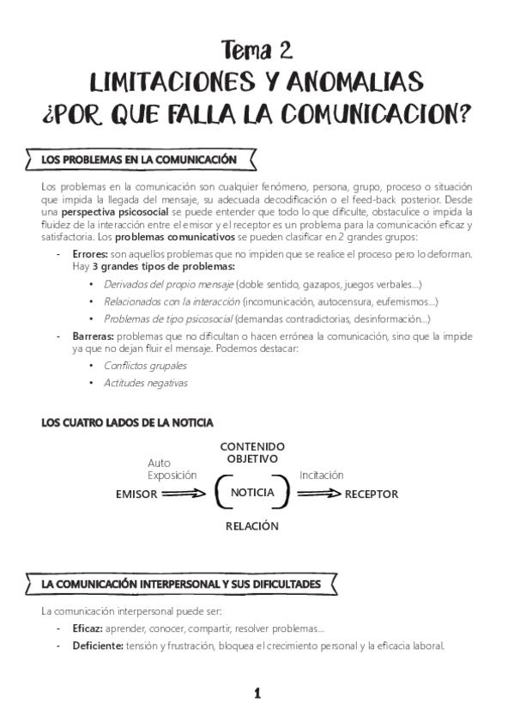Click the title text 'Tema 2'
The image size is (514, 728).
(x=257, y=51)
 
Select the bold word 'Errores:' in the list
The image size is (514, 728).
(x=90, y=255)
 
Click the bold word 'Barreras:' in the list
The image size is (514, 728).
(x=93, y=337)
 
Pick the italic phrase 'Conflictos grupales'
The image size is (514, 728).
(x=144, y=366)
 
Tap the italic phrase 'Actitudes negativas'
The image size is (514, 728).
(x=145, y=383)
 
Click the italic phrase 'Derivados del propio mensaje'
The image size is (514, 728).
(x=168, y=283)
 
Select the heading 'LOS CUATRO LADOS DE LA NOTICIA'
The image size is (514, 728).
(x=127, y=422)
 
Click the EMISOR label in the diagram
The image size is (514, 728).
(x=136, y=494)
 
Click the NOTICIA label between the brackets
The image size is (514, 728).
(x=252, y=493)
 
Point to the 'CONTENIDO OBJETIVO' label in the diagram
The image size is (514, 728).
(x=252, y=452)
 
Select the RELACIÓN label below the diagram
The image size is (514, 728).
(x=252, y=526)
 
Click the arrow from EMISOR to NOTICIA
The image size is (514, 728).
(x=184, y=494)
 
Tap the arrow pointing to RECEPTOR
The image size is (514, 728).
(x=319, y=494)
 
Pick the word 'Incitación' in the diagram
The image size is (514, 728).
(x=322, y=475)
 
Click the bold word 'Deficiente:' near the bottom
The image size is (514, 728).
(x=98, y=646)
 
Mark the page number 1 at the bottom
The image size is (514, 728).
(x=257, y=694)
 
